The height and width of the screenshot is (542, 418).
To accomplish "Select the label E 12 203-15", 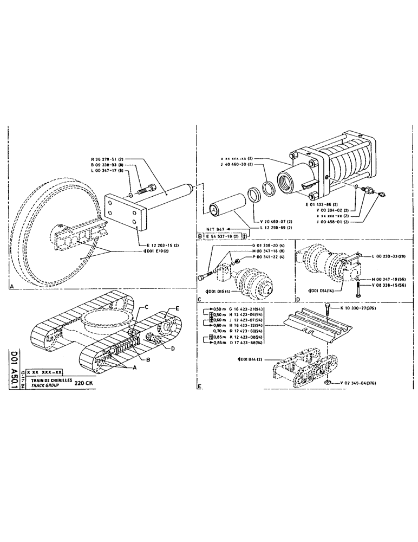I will [x=162, y=245].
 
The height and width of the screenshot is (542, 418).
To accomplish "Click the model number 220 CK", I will [x=83, y=382].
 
